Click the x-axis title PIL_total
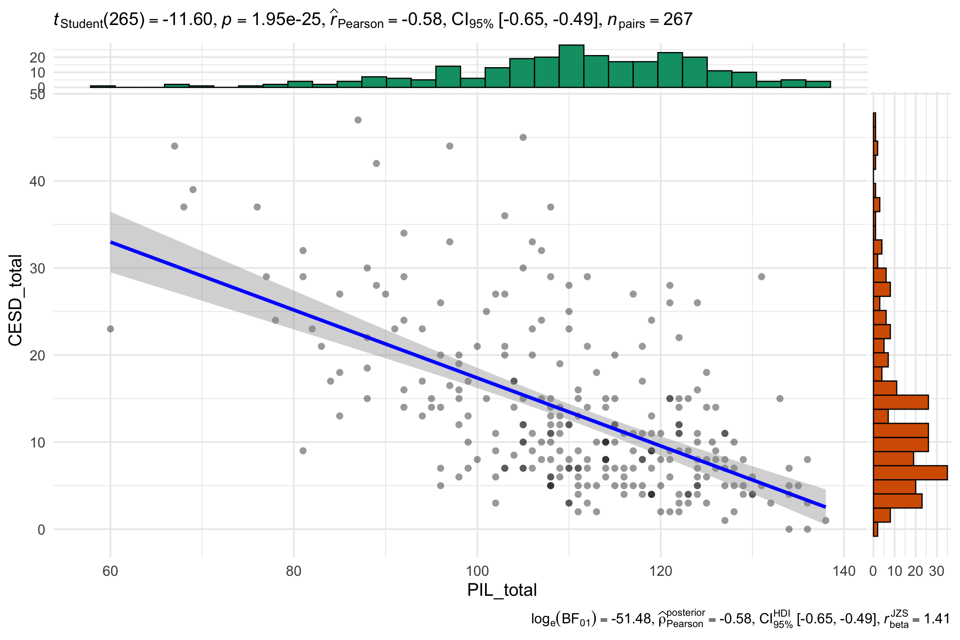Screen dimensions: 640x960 click(502, 590)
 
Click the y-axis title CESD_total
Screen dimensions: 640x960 click(15, 300)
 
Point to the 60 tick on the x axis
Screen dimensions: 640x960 click(110, 570)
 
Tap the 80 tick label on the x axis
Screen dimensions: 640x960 click(294, 570)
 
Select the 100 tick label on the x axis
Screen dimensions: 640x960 click(477, 570)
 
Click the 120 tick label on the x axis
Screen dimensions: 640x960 click(661, 570)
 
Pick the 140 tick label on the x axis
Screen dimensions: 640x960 click(844, 570)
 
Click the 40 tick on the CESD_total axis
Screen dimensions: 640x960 click(37, 181)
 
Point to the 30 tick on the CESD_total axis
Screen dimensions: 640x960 click(37, 268)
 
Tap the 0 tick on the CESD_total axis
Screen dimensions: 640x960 click(41, 530)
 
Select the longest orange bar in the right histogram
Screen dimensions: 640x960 click(910, 473)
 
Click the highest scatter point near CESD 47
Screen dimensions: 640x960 click(358, 120)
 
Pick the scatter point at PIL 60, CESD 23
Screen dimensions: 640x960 click(110, 329)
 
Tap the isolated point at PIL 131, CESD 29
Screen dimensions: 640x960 click(762, 277)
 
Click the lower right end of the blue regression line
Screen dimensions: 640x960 click(825, 507)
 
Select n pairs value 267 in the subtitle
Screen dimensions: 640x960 click(678, 20)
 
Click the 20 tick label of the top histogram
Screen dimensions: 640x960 click(37, 57)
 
